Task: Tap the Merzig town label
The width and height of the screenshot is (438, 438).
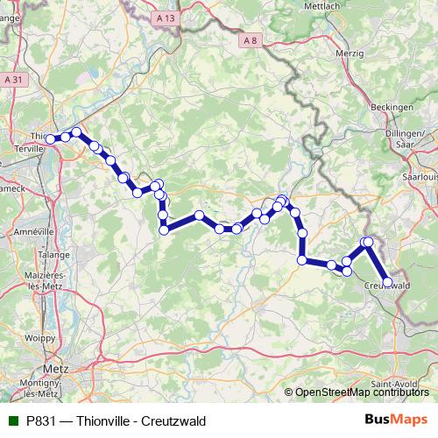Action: pos(349,53)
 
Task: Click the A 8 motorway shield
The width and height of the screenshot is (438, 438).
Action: pos(251,40)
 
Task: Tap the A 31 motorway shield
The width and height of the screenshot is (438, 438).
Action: pos(11,79)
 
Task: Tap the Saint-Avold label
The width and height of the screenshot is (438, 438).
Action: pos(392,384)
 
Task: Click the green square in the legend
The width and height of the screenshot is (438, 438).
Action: pos(13,420)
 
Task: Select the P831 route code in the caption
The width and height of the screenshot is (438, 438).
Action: pos(43,420)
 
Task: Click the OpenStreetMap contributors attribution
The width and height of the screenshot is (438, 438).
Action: pos(363,392)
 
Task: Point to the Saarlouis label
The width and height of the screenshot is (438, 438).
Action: pos(420,176)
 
